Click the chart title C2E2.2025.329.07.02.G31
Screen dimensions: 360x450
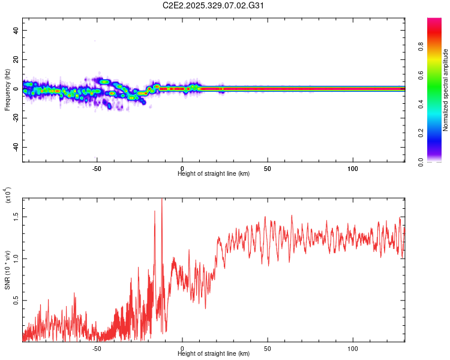(x=214, y=6)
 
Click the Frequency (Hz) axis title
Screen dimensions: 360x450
(x=7, y=89)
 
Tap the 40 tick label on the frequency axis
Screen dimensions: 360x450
(x=17, y=31)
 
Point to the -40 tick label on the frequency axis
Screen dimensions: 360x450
(x=16, y=148)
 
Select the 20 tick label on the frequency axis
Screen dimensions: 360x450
(x=17, y=60)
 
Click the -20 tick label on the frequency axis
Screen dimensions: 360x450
(x=16, y=118)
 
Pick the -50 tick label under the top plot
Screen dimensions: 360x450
(x=97, y=169)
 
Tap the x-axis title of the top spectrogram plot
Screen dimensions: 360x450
(x=214, y=174)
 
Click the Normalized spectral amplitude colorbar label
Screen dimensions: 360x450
(x=445, y=91)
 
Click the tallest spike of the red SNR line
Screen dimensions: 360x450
(x=162, y=200)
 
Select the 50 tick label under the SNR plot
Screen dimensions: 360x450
(x=268, y=348)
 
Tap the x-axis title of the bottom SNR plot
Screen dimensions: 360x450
(x=214, y=354)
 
